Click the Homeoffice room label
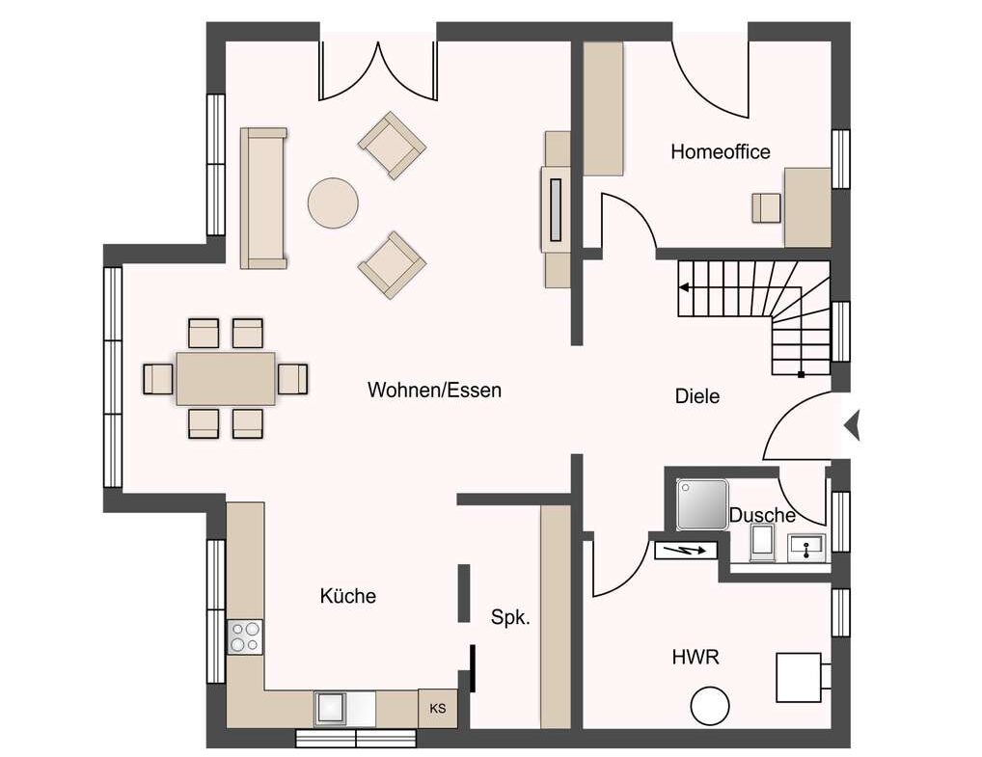click(x=721, y=152)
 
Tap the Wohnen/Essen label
click(x=435, y=391)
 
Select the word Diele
click(x=697, y=396)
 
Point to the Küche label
click(x=347, y=595)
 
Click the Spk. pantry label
click(x=510, y=617)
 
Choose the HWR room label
click(x=696, y=658)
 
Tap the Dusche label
click(x=762, y=515)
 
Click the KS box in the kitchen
click(x=438, y=708)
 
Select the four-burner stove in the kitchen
click(x=245, y=636)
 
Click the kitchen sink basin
click(x=331, y=708)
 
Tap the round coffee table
click(x=333, y=203)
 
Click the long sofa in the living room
click(x=263, y=198)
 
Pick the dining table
click(x=226, y=378)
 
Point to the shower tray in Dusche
click(x=702, y=504)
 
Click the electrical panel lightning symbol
click(x=685, y=551)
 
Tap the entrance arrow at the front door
click(x=852, y=426)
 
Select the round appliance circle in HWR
click(x=710, y=706)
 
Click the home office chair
click(x=767, y=208)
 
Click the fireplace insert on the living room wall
click(x=556, y=210)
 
